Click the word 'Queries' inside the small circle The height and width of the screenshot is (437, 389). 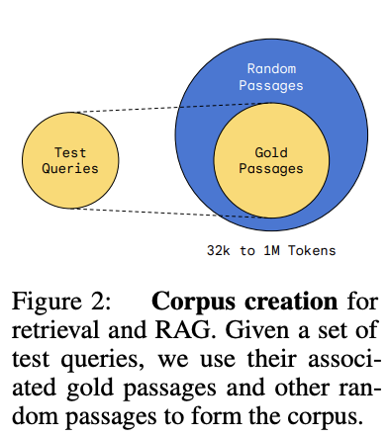coord(70,168)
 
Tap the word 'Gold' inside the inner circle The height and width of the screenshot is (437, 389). coord(271,153)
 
